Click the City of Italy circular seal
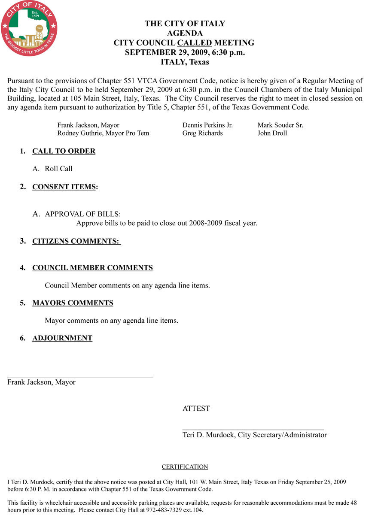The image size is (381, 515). pos(29,28)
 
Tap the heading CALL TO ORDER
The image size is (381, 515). pos(64,151)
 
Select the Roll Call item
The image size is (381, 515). pos(58,169)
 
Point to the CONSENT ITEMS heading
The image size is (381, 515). pos(64,187)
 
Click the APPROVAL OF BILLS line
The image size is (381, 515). pos(82,214)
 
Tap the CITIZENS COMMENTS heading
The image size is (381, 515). pos(76,241)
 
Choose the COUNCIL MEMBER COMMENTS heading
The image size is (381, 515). pos(92,268)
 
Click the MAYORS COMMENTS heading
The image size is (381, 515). pos(73,303)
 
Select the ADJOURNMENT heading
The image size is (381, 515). pos(62,338)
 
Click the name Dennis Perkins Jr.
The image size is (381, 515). pos(207,125)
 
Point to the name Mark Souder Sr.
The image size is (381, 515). pos(280,125)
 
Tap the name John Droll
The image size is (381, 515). pos(272,133)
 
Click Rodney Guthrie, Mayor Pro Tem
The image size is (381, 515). pos(103,133)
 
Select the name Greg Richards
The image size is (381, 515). pos(202,133)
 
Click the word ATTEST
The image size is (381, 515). pos(196,409)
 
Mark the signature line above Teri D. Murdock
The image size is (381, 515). pos(253,429)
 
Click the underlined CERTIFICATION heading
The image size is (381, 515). pos(185,467)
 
